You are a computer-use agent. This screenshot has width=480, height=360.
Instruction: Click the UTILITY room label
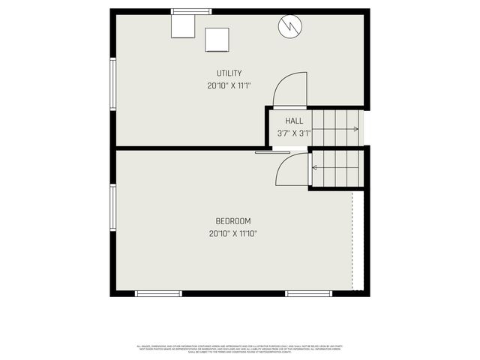229,73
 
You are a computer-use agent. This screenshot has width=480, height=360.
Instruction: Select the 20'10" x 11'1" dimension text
229,85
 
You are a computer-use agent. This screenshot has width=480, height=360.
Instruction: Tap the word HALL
294,120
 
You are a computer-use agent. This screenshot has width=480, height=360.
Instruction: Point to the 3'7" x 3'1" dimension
294,133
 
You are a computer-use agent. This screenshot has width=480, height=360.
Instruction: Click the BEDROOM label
233,220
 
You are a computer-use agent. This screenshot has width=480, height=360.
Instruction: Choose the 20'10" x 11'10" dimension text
233,234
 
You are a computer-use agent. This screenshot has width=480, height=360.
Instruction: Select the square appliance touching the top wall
183,26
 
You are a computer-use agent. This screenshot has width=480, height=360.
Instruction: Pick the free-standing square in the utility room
217,39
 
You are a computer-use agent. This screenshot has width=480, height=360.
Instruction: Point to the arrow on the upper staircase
355,129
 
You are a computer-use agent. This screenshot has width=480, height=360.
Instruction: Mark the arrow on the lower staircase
313,167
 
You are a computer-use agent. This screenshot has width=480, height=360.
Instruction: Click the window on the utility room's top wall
190,11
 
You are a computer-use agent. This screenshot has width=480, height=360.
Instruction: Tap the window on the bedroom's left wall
113,208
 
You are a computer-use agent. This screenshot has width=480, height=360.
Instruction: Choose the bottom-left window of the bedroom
158,293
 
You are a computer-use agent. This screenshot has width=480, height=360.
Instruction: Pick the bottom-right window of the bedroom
308,293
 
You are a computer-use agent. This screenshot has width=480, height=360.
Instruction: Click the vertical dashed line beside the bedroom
352,240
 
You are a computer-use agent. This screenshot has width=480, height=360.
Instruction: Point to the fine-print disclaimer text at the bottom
240,349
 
